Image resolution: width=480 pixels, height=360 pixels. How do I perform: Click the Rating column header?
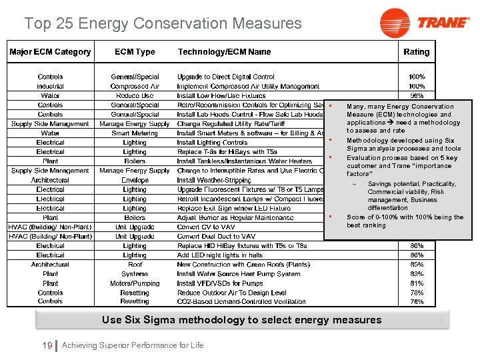click(x=417, y=52)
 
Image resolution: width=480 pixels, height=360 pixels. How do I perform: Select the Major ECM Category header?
click(x=50, y=52)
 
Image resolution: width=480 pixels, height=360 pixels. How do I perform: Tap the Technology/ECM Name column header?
click(x=224, y=52)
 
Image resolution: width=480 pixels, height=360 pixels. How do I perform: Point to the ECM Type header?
click(x=135, y=52)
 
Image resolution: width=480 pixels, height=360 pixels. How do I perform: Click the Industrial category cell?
click(x=50, y=86)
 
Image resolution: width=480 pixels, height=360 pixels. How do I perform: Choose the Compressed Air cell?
click(x=135, y=86)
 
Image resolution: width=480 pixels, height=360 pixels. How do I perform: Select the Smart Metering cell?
click(x=135, y=133)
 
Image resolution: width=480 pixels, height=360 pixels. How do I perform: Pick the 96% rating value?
click(x=417, y=95)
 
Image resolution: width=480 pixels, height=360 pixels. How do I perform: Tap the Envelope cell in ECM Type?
click(x=135, y=180)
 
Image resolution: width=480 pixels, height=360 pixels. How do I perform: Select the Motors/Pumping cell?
click(x=135, y=283)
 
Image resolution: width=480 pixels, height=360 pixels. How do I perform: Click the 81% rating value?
click(x=417, y=283)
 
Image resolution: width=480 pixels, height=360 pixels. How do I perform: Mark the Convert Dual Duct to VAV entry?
click(x=217, y=236)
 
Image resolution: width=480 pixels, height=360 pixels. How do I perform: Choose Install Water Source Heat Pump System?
click(x=239, y=273)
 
